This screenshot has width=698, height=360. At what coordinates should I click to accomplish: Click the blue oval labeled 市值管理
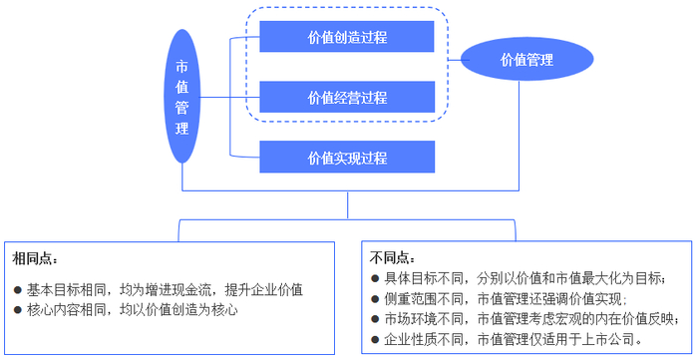pos(181,97)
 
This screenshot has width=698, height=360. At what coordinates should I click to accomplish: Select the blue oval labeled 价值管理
pos(525,60)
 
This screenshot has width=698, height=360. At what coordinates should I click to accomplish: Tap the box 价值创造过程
pos(347,37)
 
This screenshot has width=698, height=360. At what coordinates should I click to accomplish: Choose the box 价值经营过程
pos(347,97)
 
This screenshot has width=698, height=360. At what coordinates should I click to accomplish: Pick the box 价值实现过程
pos(347,157)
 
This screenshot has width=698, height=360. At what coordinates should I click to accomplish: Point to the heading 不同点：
pos(392,257)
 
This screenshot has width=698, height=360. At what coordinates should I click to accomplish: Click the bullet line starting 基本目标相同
pos(165,289)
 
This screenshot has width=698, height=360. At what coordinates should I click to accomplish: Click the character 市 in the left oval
pos(181,67)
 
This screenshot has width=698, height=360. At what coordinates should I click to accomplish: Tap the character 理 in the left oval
pos(181,129)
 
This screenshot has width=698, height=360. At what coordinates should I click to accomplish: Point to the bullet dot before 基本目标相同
pos(18,290)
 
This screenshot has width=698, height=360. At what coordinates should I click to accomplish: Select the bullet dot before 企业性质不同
pos(375,340)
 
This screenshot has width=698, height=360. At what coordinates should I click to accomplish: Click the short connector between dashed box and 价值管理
pos(453,60)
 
